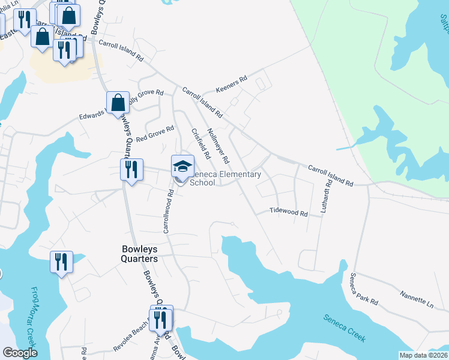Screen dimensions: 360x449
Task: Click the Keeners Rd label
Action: click(x=231, y=79)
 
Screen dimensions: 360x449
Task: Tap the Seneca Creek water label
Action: click(x=344, y=328)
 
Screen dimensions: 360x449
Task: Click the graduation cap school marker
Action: click(x=183, y=166)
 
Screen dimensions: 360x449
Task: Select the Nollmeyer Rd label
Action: click(x=217, y=146)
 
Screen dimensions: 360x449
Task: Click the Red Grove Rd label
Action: click(x=155, y=133)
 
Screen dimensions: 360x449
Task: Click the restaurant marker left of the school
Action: click(x=131, y=169)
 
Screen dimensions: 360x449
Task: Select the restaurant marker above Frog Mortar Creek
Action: click(x=61, y=262)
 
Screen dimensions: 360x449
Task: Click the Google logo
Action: click(x=19, y=353)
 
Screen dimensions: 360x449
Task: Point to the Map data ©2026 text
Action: click(x=423, y=355)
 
